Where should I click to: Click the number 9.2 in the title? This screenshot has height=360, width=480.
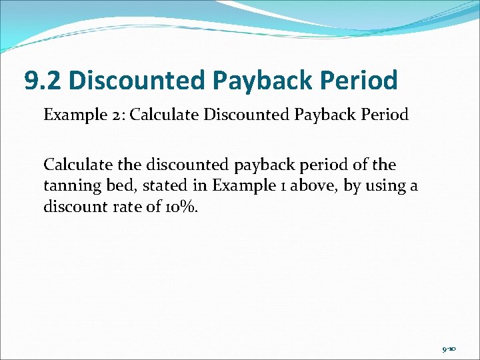[43, 81]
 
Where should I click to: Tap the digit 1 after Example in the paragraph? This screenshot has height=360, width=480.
[262, 185]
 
